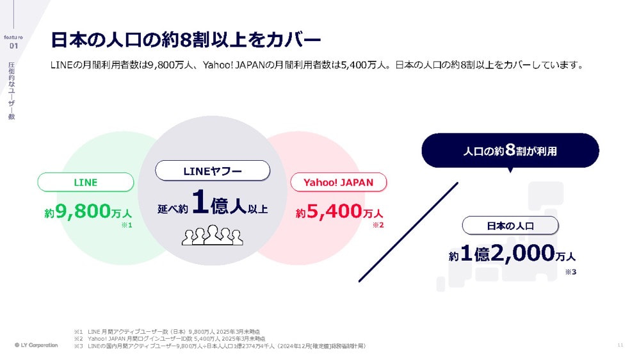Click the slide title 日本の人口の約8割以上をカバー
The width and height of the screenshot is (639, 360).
[185, 40]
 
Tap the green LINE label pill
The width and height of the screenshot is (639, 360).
[86, 182]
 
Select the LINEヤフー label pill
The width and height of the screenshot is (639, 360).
[213, 170]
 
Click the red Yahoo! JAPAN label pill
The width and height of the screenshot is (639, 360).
[338, 182]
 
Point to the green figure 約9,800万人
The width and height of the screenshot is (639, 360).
[88, 212]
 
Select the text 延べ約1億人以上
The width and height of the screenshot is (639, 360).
[213, 204]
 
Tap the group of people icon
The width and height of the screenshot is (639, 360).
[213, 235]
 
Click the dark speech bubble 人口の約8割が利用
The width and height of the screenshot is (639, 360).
[510, 151]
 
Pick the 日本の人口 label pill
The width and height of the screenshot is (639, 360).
[510, 225]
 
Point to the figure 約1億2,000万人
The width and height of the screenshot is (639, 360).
[512, 254]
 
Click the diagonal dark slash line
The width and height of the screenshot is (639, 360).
[408, 232]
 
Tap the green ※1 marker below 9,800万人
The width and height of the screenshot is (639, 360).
[126, 225]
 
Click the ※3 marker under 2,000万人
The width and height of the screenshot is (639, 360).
[570, 272]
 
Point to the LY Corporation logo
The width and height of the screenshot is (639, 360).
[36, 345]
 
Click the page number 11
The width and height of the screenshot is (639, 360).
[620, 345]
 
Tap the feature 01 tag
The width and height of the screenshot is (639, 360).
[14, 41]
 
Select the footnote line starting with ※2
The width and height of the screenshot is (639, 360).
[169, 338]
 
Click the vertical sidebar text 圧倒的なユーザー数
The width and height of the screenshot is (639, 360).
[12, 90]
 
